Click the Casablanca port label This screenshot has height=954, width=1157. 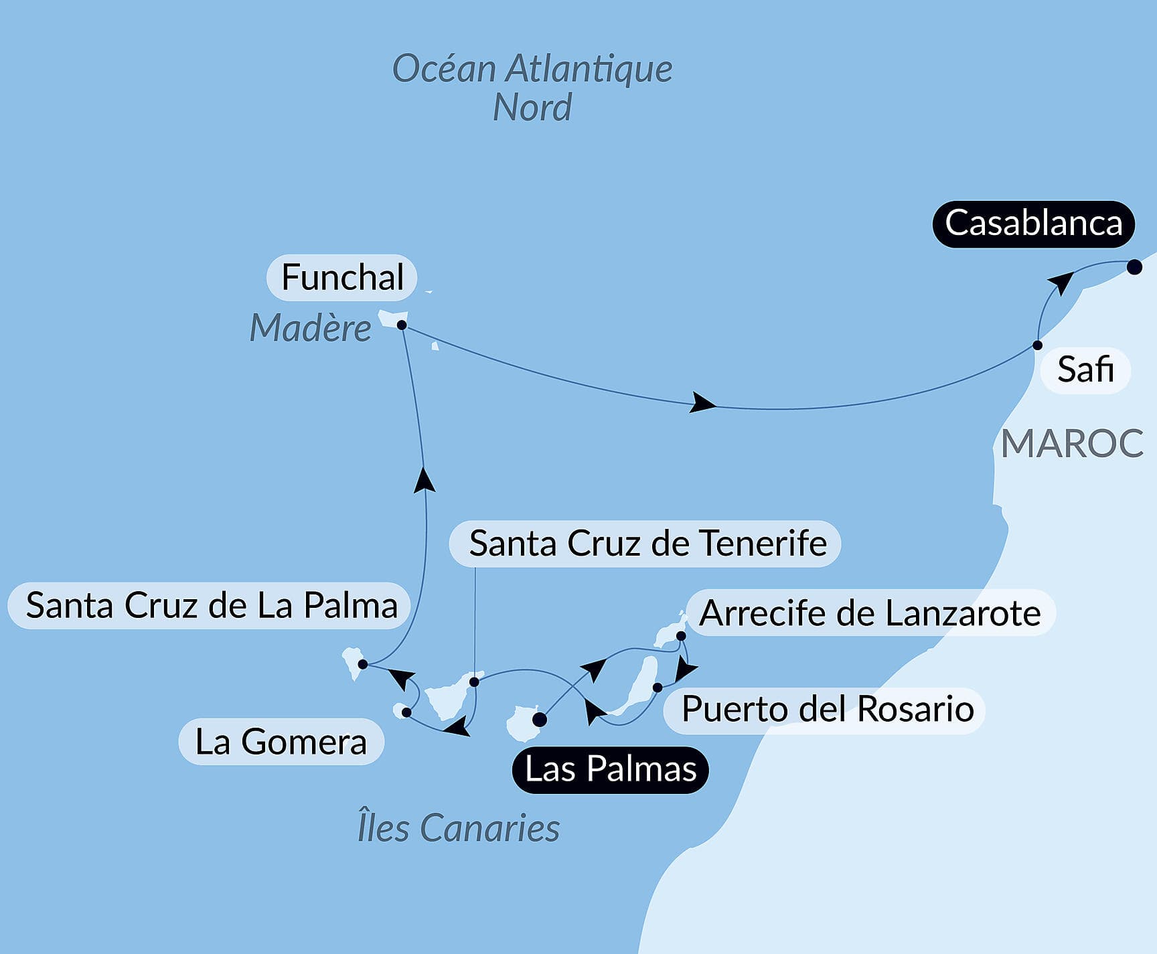[1033, 224]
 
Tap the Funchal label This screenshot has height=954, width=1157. [342, 277]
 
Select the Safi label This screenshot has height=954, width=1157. [1085, 370]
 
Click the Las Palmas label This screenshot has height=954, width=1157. [610, 769]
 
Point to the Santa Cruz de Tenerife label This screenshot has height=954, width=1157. [647, 544]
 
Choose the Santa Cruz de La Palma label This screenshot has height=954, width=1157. [211, 606]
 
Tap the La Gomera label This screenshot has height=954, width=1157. [281, 742]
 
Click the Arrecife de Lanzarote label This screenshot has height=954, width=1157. [870, 613]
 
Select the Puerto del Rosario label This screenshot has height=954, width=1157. [827, 709]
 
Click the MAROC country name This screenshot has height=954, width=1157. [1072, 443]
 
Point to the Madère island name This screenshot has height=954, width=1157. [310, 328]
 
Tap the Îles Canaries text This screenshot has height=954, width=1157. [459, 828]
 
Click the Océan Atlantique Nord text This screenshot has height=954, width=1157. [532, 88]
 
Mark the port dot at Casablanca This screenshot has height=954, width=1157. [1134, 267]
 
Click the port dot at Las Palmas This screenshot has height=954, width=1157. [540, 720]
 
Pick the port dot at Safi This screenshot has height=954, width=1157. [1037, 345]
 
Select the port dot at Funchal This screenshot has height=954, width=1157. [402, 325]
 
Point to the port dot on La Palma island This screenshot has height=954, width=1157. [362, 664]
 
